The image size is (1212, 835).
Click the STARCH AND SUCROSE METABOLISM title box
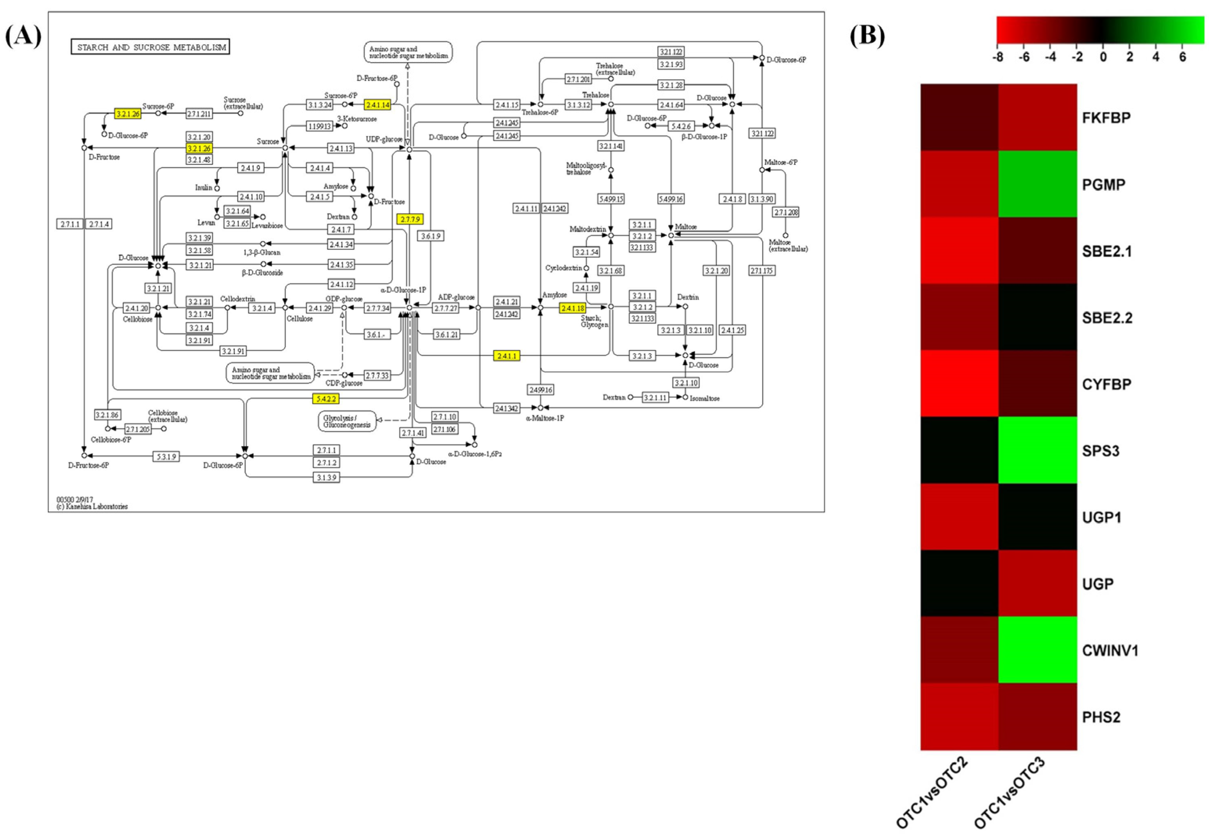click(x=150, y=47)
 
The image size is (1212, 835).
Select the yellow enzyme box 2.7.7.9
click(x=410, y=219)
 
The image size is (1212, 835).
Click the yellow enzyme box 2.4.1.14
click(x=377, y=105)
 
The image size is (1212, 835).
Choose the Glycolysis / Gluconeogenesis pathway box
click(x=347, y=421)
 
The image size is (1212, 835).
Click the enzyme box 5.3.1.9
click(x=166, y=456)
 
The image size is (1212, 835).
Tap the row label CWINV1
click(x=1110, y=650)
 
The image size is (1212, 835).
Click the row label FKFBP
click(x=1106, y=118)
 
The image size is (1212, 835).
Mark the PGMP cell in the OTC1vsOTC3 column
click(x=1037, y=184)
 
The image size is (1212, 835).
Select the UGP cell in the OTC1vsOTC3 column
click(x=1037, y=583)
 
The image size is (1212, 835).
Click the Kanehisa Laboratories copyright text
click(x=92, y=507)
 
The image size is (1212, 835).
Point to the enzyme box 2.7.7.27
click(x=446, y=308)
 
